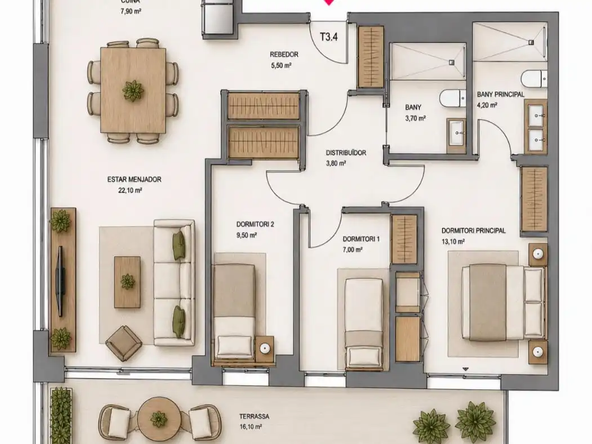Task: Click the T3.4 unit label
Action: coord(328,37)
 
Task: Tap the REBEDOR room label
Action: coord(284,54)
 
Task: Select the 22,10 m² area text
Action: coord(130,190)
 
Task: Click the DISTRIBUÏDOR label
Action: coord(346,153)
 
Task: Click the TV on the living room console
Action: coord(60,281)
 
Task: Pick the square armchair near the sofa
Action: coord(122,343)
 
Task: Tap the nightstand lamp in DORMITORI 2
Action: coord(265,348)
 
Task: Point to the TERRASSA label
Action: coord(254,416)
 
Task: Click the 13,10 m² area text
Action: coord(453,242)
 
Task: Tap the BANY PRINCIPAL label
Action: coord(501,94)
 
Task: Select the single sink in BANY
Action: coord(457,132)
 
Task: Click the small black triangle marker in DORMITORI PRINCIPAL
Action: coord(465,369)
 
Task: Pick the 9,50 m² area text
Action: coord(247,235)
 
